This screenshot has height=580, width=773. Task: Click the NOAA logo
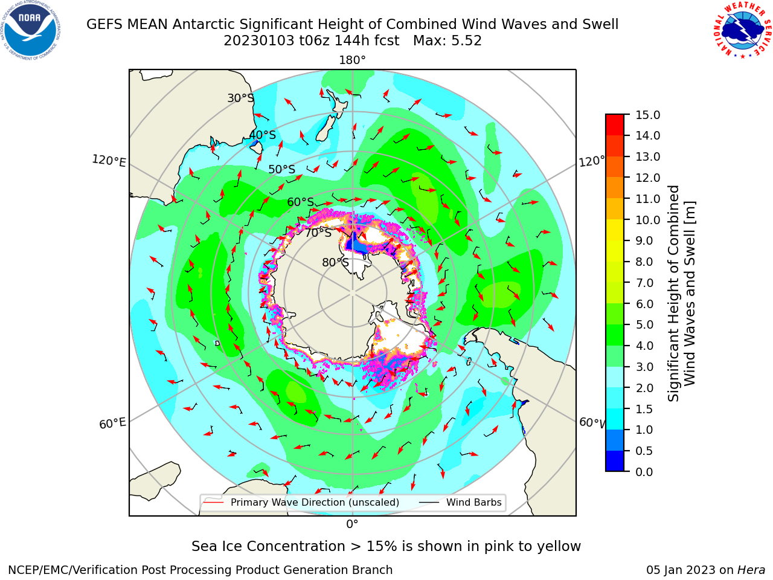30,31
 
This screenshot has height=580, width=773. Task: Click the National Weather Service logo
742,30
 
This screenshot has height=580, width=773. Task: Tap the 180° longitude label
352,60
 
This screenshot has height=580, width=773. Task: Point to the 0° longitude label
352,524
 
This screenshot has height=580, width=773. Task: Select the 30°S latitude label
240,98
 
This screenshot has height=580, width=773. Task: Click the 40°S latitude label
263,135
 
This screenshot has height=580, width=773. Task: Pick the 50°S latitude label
282,169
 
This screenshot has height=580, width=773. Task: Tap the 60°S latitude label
300,202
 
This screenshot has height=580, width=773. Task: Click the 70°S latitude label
318,233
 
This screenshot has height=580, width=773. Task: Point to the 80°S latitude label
335,262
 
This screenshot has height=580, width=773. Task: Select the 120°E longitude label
109,161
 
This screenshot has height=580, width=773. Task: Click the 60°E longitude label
112,424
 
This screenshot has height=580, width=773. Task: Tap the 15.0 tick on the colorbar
647,115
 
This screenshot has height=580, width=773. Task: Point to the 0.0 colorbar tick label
644,472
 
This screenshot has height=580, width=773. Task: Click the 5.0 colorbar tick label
644,324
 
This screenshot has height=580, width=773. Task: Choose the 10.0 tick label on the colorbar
647,220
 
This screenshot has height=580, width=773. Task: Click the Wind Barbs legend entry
460,502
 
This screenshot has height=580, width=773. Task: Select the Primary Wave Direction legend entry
301,502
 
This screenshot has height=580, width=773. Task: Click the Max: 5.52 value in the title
447,41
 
